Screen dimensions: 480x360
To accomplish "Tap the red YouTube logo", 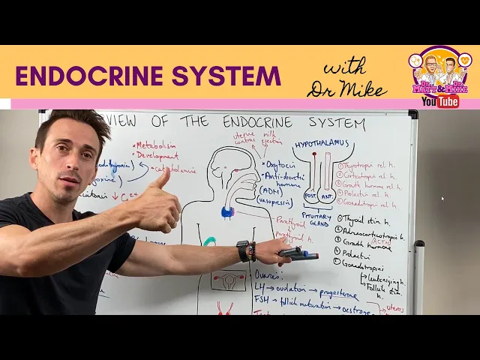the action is coord(440,101).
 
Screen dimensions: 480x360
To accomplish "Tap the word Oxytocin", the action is coord(282,163).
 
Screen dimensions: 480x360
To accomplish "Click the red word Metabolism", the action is coord(155,145).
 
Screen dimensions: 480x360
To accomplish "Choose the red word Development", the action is coord(158,157).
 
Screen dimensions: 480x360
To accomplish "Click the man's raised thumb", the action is coord(161,180).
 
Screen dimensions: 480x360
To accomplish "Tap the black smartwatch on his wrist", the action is coord(243,250).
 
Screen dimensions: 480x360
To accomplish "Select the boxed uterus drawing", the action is coord(228,281).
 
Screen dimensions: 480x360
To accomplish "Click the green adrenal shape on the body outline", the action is coord(211,241).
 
